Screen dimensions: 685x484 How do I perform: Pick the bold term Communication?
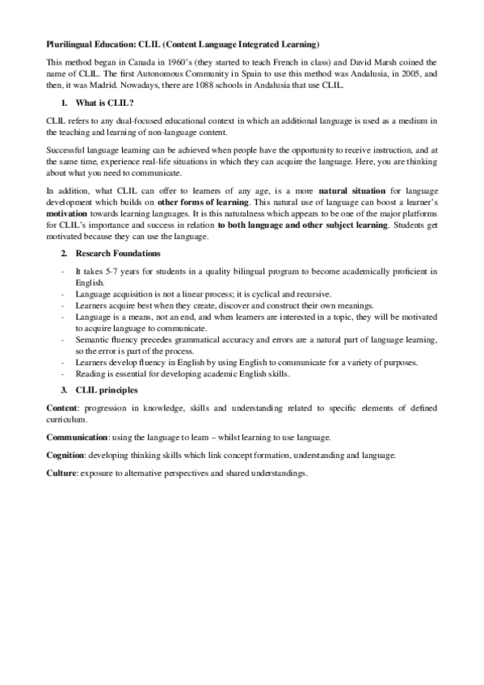tap(78, 438)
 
